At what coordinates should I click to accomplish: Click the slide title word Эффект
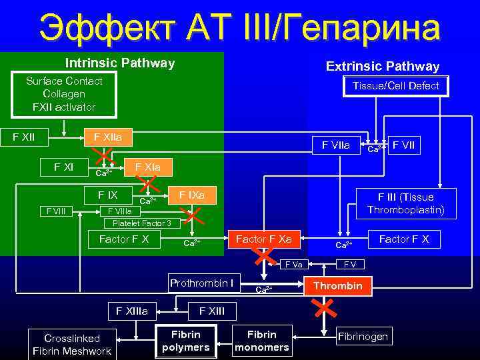click(x=101, y=29)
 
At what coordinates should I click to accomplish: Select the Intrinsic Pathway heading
click(x=119, y=63)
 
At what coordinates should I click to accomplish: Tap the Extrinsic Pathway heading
click(x=382, y=66)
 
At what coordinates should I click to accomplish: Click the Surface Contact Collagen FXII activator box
click(x=64, y=94)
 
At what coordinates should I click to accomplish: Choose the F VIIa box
click(x=340, y=144)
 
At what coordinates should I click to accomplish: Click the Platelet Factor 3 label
click(x=141, y=223)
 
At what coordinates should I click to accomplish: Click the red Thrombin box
click(x=338, y=285)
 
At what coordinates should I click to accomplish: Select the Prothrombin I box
click(x=201, y=283)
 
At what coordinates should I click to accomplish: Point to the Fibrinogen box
click(x=363, y=336)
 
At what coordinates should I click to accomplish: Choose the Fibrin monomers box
click(x=261, y=341)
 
